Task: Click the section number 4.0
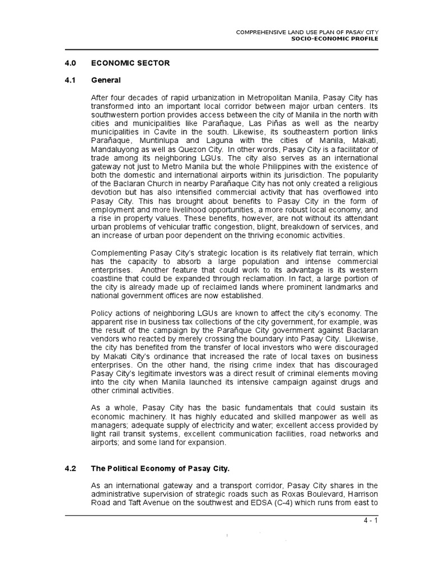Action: pos(70,63)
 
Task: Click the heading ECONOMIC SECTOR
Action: pos(130,63)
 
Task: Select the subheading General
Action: pos(106,81)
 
